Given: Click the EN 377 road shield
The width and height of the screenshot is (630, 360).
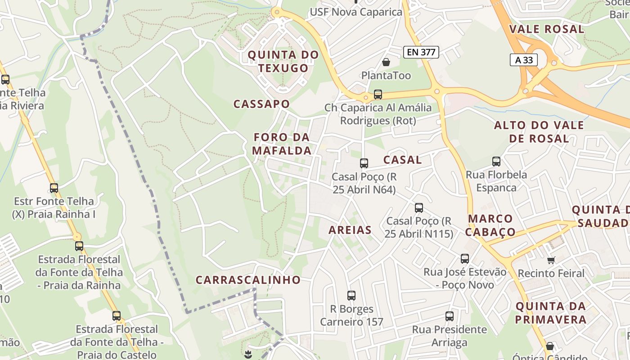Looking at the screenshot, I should pos(421,52).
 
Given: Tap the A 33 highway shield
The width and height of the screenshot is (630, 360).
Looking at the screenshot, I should pos(524,60).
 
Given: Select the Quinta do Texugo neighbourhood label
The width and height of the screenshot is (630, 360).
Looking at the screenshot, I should pos(283,62).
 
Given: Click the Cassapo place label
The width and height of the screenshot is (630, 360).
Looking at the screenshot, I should pos(261,104).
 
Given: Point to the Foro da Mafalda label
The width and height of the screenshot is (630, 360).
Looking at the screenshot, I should pos(282,144).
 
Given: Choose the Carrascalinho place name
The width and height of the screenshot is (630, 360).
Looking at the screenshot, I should pos(248,279).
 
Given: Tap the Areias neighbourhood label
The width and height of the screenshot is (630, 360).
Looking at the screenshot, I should pos(350,230).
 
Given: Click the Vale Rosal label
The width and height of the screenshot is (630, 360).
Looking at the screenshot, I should pos(547,29).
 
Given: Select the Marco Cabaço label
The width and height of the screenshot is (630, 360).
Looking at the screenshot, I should pos(490,225).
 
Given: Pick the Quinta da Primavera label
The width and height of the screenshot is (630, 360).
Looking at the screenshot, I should pos(551,313).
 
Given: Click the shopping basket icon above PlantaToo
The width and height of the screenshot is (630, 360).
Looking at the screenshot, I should pos(386,62).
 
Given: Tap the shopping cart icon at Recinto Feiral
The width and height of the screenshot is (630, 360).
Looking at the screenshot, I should pos(551,260).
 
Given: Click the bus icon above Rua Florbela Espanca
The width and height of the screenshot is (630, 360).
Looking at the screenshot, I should pos(496,161).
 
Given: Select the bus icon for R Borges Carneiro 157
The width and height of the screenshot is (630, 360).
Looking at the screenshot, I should pos(351,296).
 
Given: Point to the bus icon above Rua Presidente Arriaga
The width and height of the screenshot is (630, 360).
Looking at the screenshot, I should pos(450,316).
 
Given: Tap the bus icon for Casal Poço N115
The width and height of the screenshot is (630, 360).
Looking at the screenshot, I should pos(419,207).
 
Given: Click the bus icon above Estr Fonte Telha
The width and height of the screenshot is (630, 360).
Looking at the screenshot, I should pos(54,188).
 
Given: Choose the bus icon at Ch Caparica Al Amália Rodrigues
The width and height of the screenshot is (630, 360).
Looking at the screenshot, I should pos(378,94).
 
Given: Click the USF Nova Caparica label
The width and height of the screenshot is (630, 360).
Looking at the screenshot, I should pos(356,12).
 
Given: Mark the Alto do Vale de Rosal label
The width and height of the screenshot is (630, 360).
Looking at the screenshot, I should pos(539,131).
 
